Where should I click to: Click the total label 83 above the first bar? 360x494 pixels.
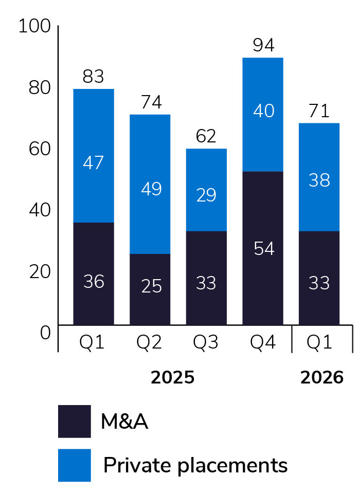point(93,77)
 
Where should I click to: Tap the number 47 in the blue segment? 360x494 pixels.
point(93,163)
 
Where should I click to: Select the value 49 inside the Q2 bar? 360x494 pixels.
point(150,189)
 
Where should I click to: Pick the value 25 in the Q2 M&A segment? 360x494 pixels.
point(150,286)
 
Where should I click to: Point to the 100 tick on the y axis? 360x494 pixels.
point(34,26)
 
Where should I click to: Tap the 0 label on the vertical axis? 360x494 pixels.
point(45,333)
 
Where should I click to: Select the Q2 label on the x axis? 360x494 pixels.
point(150,342)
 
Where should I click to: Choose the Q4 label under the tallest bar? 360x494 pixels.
point(263,342)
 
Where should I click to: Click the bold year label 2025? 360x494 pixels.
point(173,378)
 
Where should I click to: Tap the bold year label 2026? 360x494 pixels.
point(321,378)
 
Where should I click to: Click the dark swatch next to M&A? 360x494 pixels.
point(75,422)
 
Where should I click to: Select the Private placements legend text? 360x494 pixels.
point(195,466)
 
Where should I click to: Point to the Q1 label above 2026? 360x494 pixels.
point(319,342)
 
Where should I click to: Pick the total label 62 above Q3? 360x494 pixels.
point(206,137)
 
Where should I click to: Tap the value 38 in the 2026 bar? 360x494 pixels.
point(319,180)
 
